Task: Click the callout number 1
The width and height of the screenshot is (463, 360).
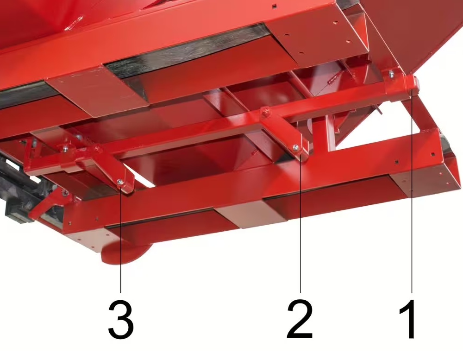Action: click(409, 320)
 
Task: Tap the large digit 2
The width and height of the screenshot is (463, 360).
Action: click(300, 319)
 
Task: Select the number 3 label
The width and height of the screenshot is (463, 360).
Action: click(121, 320)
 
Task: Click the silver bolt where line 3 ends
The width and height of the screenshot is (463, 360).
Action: click(120, 182)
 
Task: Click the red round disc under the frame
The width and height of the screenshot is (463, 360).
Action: click(126, 253)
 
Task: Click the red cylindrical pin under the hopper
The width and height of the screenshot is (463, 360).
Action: click(333, 79)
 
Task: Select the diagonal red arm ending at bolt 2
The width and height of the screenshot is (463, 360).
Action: click(282, 133)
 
